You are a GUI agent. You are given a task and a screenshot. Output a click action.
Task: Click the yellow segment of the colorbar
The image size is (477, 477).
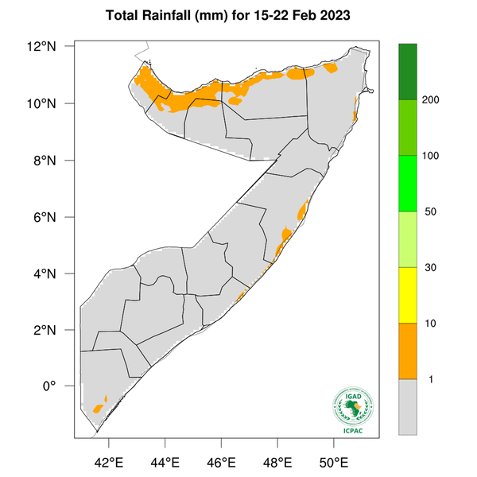(409, 295)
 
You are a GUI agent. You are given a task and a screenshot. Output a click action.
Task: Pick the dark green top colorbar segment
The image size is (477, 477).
(409, 72)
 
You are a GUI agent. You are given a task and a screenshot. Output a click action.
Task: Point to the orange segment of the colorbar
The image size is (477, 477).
(409, 351)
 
